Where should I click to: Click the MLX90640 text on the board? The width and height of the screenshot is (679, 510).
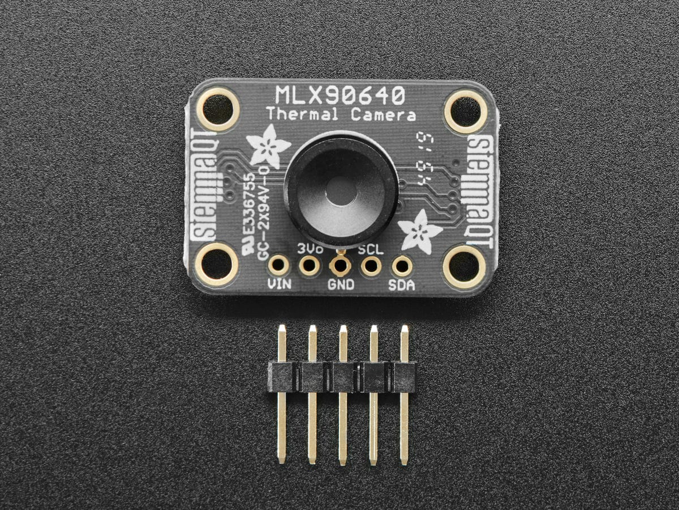click(x=339, y=95)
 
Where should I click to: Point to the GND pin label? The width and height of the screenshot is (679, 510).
click(x=341, y=284)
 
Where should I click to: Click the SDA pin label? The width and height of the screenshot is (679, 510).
click(x=401, y=284)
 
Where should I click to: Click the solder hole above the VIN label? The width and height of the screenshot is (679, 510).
click(x=278, y=265)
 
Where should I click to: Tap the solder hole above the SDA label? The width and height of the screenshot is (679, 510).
click(x=401, y=265)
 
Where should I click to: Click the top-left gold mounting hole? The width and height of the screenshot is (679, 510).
click(x=217, y=108)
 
